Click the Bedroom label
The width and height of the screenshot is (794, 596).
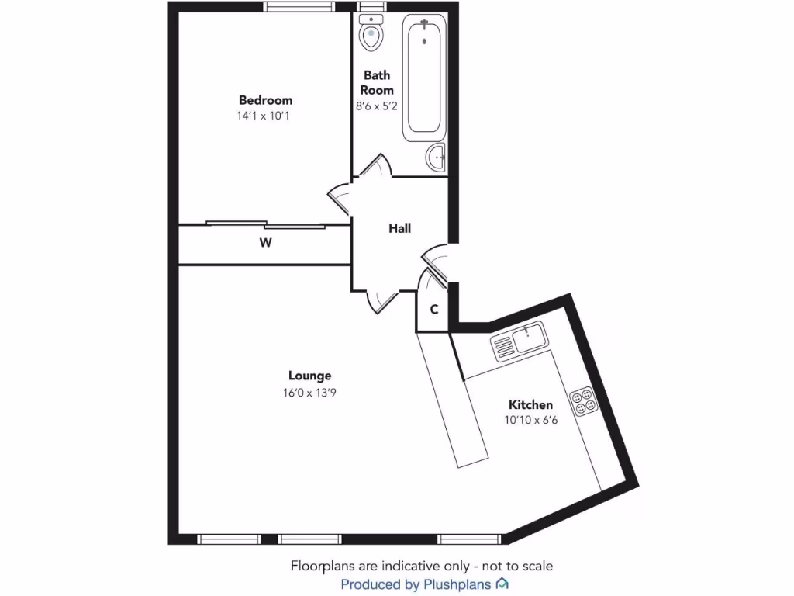[265, 100]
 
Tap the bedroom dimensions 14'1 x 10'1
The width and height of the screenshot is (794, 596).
[265, 116]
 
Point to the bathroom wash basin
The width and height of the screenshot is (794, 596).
[437, 158]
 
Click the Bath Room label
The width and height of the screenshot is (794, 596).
[377, 82]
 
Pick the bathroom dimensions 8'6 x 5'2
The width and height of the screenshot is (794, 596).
[377, 106]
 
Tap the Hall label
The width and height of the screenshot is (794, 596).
[399, 228]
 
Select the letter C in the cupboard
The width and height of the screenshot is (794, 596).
[434, 310]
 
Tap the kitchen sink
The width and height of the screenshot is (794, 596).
[519, 341]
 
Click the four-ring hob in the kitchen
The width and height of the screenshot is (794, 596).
[582, 400]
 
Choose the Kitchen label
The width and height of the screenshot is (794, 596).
[530, 405]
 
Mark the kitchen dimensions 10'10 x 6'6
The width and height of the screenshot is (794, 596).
[530, 420]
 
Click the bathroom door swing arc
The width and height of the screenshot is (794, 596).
[378, 165]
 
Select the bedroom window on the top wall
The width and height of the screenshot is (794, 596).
[299, 7]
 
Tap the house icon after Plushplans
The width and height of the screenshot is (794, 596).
[502, 584]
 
